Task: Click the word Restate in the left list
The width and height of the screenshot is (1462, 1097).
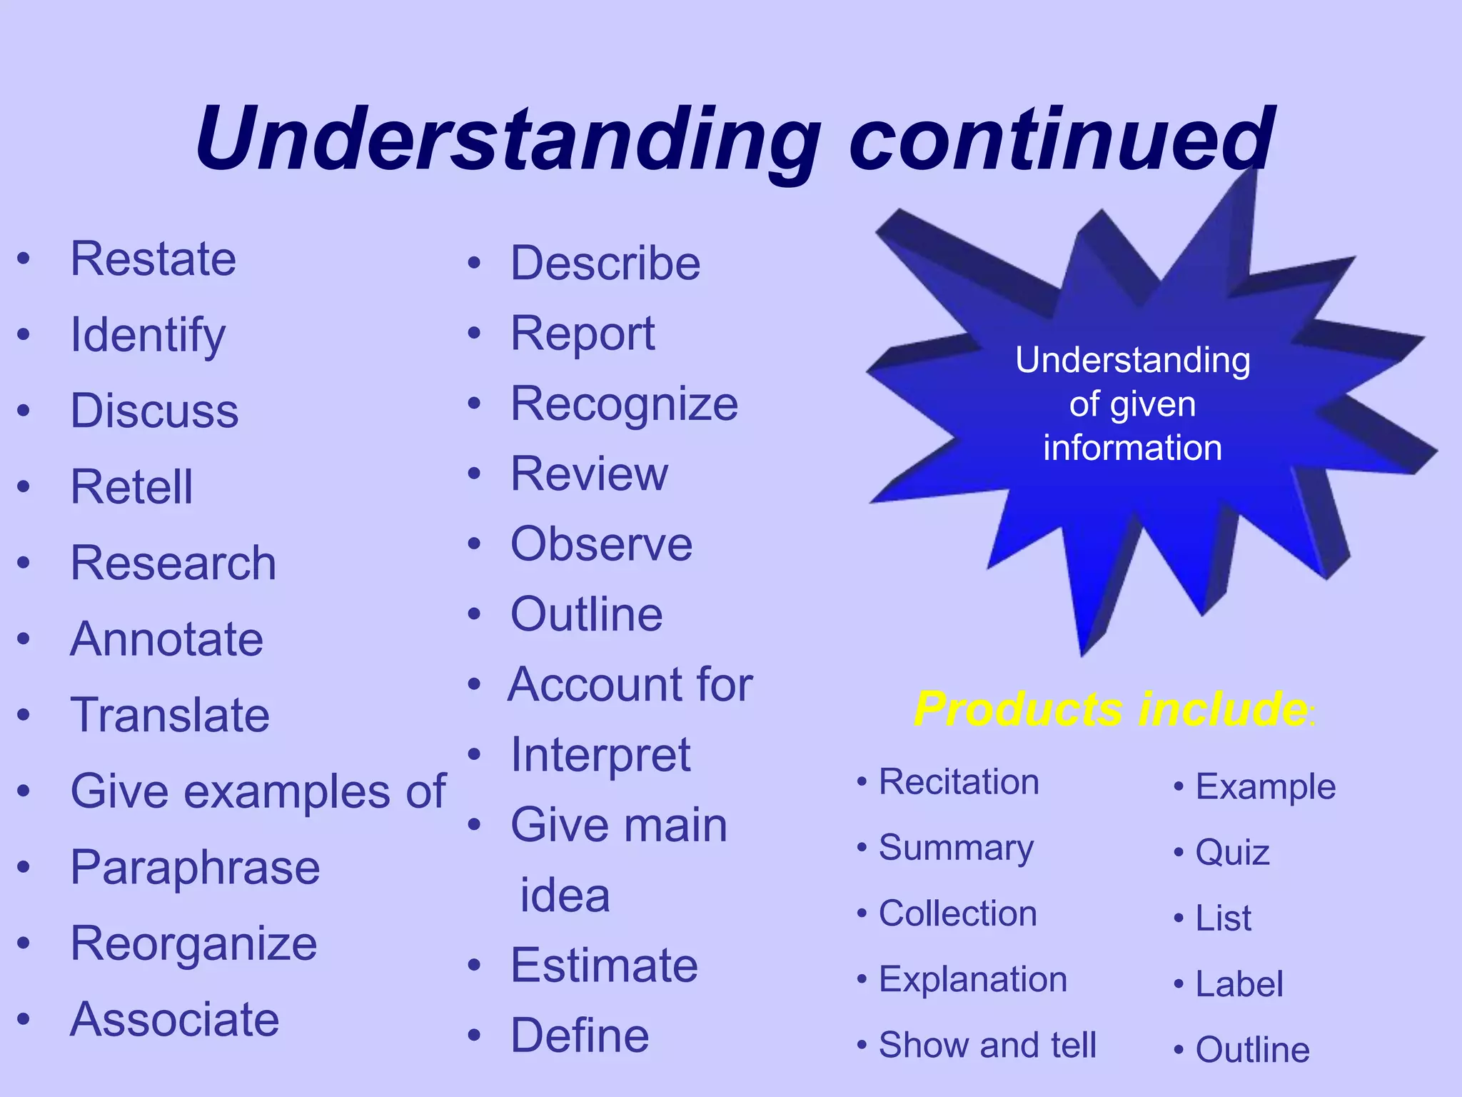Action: click(x=153, y=259)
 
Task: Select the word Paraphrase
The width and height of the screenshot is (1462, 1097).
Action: click(x=195, y=868)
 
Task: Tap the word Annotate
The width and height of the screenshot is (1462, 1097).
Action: click(x=166, y=639)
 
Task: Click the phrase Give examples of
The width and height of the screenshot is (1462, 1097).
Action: click(x=258, y=791)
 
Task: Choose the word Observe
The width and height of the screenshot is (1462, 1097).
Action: click(x=601, y=544)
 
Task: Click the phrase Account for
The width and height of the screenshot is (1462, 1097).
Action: click(x=630, y=684)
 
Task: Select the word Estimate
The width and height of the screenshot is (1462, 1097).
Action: click(x=604, y=966)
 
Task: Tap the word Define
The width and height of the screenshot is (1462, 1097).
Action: click(x=580, y=1036)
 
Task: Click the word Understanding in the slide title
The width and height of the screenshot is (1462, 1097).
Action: click(x=508, y=139)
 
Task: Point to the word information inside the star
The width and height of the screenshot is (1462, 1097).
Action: click(x=1132, y=448)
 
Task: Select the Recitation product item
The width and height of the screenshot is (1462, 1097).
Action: click(x=958, y=781)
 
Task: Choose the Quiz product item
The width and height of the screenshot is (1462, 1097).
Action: click(x=1232, y=853)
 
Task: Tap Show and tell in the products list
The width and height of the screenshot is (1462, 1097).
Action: click(x=987, y=1045)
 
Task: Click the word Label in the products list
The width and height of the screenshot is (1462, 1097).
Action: click(x=1239, y=984)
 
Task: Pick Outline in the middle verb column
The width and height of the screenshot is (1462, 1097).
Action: click(x=586, y=614)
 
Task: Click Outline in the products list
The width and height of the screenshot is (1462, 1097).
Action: click(x=1252, y=1050)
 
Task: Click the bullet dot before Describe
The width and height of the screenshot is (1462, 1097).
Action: click(x=475, y=264)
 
